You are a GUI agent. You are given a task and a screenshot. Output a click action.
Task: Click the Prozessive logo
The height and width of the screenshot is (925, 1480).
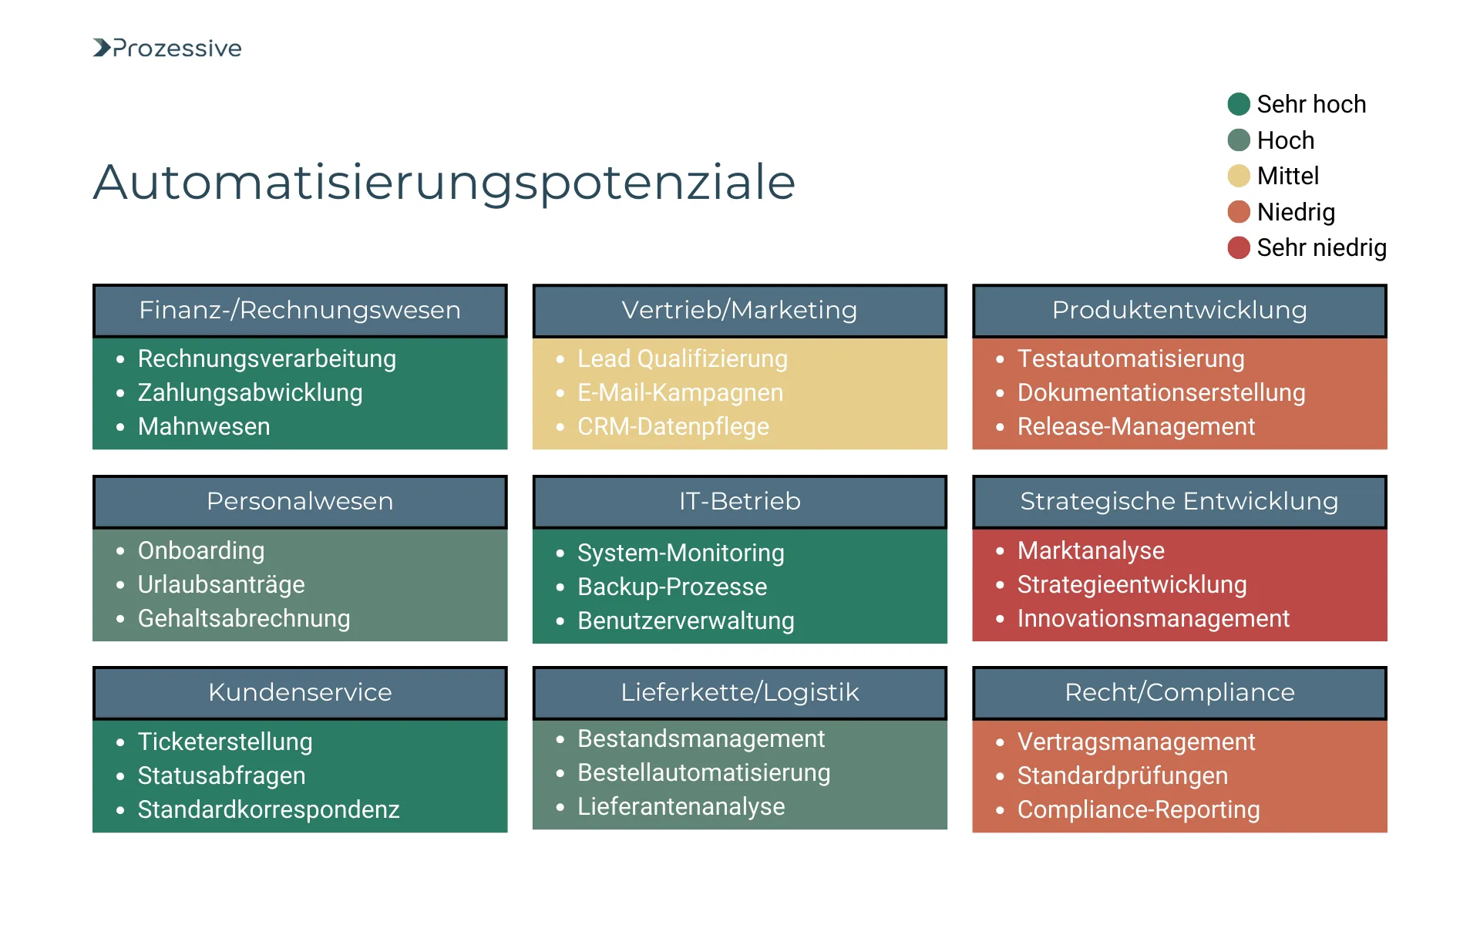167,48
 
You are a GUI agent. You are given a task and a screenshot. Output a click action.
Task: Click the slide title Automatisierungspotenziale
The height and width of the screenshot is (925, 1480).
444,183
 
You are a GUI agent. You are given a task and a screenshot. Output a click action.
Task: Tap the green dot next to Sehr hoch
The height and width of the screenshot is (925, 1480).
1238,104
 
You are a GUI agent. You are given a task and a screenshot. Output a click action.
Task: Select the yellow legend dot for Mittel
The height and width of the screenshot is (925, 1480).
1238,176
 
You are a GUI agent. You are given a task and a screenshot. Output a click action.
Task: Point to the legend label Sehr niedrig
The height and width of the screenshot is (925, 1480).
1321,247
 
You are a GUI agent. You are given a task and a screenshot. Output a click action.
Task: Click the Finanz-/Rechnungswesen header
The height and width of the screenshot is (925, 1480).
300,310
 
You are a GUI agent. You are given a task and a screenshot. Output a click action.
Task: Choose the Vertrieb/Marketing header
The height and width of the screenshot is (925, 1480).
739,310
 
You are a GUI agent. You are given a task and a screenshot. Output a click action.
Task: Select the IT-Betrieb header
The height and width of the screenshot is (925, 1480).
739,501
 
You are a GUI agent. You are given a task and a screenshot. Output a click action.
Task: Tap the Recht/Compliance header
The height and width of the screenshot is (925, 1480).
1179,692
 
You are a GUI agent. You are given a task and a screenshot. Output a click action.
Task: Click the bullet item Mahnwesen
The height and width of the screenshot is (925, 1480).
203,426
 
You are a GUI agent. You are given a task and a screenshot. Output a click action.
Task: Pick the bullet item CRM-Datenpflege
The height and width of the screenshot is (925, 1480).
673,426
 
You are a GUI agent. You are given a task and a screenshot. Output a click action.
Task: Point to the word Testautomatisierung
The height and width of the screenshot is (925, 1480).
1131,358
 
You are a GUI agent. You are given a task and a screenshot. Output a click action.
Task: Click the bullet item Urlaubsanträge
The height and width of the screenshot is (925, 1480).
221,584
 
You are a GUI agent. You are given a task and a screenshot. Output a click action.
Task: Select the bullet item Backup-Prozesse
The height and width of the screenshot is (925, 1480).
672,587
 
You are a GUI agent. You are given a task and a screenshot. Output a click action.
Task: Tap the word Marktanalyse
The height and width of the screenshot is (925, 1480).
1091,550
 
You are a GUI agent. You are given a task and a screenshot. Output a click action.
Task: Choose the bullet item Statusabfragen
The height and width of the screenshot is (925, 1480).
221,775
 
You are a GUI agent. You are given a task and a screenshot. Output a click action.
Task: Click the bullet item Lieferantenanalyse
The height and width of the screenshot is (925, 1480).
681,806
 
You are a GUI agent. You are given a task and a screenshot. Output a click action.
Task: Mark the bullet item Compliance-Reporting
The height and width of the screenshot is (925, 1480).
1139,809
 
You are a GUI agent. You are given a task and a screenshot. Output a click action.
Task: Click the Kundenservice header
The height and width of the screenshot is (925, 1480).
300,692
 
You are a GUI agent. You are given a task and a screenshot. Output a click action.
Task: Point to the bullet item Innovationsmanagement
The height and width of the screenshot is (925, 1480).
1153,618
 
